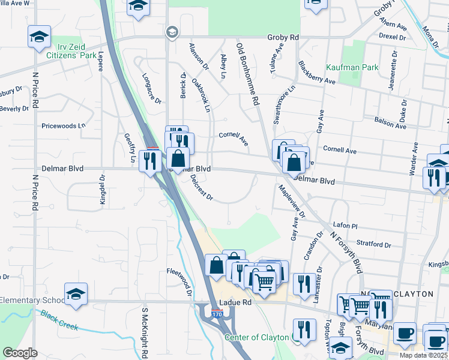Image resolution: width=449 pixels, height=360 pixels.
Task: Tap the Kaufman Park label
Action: tap(352, 67)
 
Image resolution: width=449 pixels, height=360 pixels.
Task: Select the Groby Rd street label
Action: tap(283, 37)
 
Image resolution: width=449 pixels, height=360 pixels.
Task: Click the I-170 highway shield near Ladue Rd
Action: tap(217, 313)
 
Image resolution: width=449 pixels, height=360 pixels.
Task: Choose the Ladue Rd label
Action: tap(234, 302)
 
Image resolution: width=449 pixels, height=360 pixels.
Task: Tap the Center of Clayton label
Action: tap(257, 337)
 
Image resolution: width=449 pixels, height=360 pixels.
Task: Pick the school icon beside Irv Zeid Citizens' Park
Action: tap(39, 36)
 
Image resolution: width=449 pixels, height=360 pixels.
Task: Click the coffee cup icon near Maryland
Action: tap(406, 332)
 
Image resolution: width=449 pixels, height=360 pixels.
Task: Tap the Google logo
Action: tap(20, 353)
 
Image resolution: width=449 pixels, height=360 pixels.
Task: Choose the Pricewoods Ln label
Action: tap(63, 126)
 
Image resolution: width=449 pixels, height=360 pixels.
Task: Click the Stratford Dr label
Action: tap(373, 244)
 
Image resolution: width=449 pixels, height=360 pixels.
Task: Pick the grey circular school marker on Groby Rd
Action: tap(171, 31)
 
